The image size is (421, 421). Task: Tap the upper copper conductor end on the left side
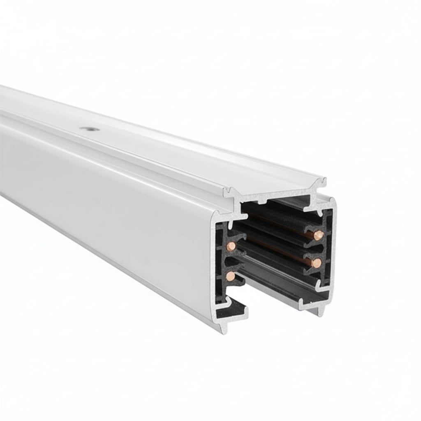coord(231,246)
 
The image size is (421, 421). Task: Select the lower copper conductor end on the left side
coord(231,276)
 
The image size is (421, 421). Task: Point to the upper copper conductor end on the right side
coord(318,235)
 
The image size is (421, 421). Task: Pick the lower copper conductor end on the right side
coord(316,263)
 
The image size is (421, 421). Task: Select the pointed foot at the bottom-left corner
coord(223,329)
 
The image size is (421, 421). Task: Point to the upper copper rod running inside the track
coord(280,224)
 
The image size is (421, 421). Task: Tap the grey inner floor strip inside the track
coord(280,288)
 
